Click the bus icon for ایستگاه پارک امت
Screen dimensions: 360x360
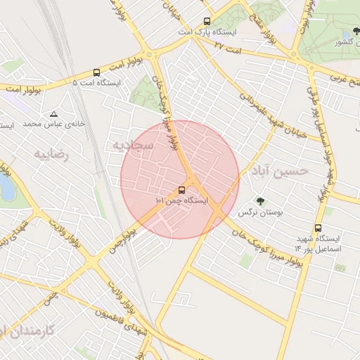coord(207,22)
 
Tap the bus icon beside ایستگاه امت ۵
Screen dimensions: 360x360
coord(96,72)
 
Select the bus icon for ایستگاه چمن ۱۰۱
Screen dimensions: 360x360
coord(182,190)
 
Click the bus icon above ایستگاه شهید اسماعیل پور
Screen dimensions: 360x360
coord(319,228)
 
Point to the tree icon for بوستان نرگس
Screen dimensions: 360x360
coord(261,201)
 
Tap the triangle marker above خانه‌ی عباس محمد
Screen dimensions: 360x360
coord(54,114)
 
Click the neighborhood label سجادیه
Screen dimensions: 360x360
coord(127,144)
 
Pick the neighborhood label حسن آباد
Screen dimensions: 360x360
coord(283,171)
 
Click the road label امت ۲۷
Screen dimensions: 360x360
coord(229,46)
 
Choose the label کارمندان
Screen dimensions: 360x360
coord(32,330)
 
